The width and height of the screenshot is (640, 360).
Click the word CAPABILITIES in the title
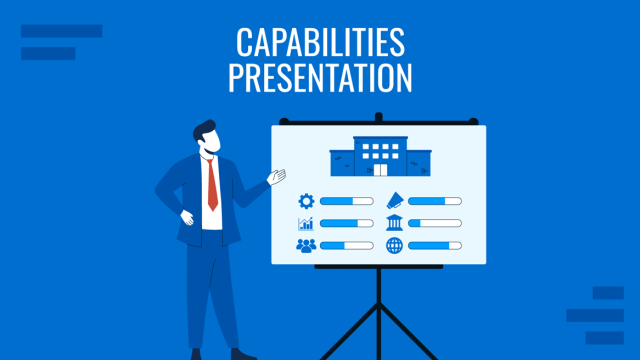pyautogui.click(x=320, y=43)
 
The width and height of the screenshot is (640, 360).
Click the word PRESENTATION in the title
pyautogui.click(x=320, y=78)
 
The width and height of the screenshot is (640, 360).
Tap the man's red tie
pyautogui.click(x=212, y=185)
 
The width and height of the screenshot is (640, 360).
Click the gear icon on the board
pyautogui.click(x=306, y=201)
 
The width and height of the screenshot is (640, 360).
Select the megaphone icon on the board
pyautogui.click(x=394, y=201)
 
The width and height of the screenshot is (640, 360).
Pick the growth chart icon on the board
pyautogui.click(x=306, y=223)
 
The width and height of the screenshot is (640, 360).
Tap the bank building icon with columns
pyautogui.click(x=394, y=223)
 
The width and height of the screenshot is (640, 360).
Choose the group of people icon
pyautogui.click(x=306, y=245)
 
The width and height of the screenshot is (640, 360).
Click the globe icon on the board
pyautogui.click(x=394, y=245)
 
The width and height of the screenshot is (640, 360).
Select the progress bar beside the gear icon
pyautogui.click(x=346, y=201)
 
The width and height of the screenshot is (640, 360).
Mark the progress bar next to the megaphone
pyautogui.click(x=435, y=201)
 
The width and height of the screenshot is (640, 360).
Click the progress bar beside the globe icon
pyautogui.click(x=435, y=245)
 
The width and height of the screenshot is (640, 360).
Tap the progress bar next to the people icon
pyautogui.click(x=346, y=245)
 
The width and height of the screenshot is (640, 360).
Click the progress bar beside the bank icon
pyautogui.click(x=435, y=223)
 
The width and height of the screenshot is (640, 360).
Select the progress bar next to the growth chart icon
pyautogui.click(x=346, y=223)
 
